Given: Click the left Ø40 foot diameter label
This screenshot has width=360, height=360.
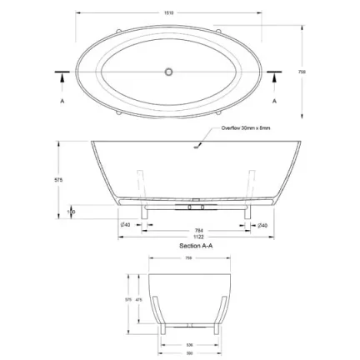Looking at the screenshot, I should point(125,225).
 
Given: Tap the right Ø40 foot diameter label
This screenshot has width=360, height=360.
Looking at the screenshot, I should point(262,225).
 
